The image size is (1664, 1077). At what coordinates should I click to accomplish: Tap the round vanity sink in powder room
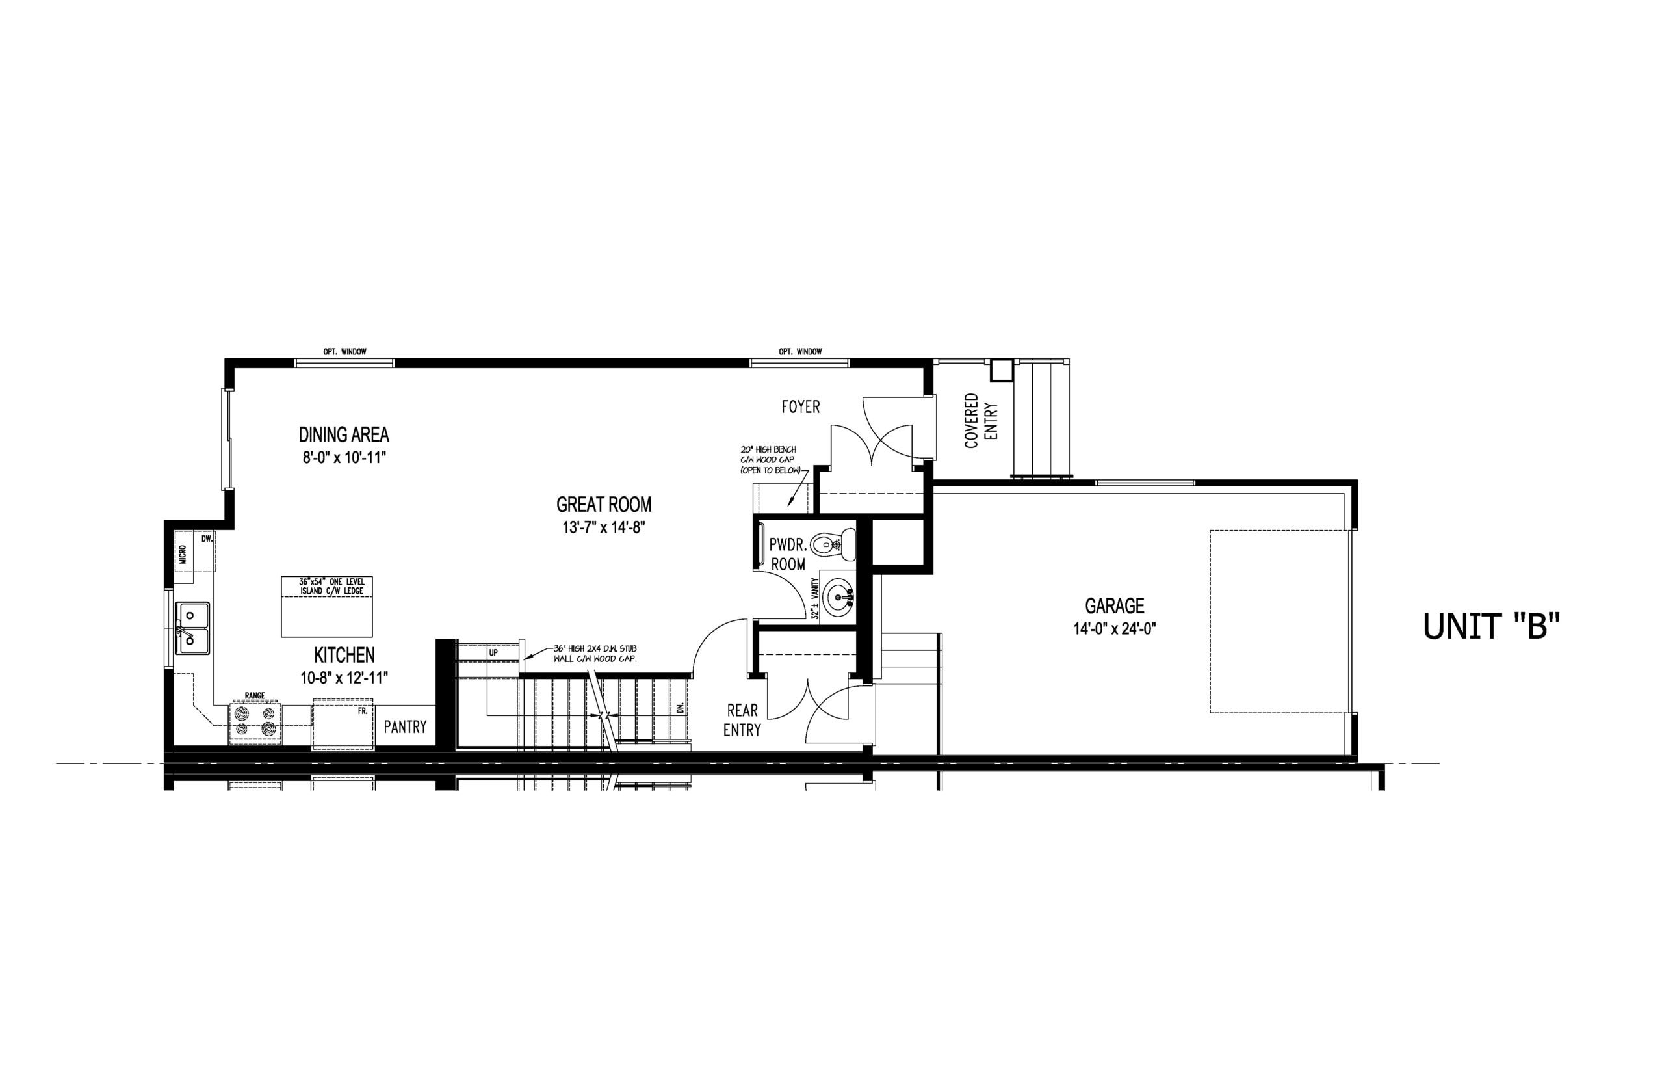pyautogui.click(x=838, y=596)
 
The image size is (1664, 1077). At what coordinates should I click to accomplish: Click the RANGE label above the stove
pyautogui.click(x=254, y=696)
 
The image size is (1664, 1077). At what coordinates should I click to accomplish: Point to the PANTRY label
pyautogui.click(x=406, y=727)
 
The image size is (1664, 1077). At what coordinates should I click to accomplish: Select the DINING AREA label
pyautogui.click(x=344, y=435)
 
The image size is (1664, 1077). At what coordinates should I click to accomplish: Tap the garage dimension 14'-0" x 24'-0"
pyautogui.click(x=1115, y=629)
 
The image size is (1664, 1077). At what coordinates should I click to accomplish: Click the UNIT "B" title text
pyautogui.click(x=1491, y=626)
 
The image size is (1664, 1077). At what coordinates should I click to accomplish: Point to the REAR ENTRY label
pyautogui.click(x=742, y=721)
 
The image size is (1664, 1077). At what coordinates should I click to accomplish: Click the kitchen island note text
pyautogui.click(x=327, y=587)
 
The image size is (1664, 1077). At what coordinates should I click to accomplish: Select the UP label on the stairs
pyautogui.click(x=493, y=652)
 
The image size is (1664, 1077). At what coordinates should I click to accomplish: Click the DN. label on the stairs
pyautogui.click(x=680, y=707)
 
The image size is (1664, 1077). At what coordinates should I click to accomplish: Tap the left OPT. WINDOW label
pyautogui.click(x=344, y=352)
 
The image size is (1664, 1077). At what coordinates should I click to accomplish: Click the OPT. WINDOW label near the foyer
pyautogui.click(x=800, y=352)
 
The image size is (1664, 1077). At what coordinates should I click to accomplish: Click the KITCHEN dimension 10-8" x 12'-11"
pyautogui.click(x=344, y=678)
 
